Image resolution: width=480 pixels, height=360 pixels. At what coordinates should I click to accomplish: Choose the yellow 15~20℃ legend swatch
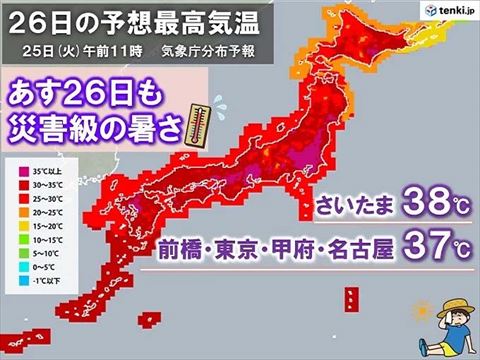[17, 226]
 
